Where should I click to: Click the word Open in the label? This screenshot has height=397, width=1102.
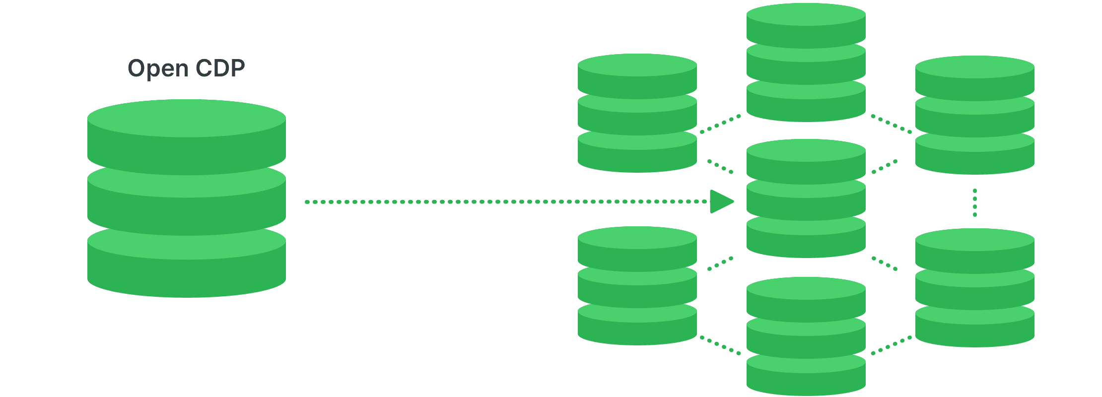pos(158,68)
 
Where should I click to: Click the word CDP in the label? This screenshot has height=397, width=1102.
pos(220,68)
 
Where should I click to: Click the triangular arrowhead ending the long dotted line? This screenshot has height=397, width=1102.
pos(720,201)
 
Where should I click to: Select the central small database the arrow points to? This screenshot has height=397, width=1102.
pos(806,198)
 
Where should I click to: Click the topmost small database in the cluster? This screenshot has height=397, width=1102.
pos(806,62)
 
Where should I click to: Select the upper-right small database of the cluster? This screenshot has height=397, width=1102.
pos(974,115)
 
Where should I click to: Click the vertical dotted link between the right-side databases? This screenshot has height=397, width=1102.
pos(975,202)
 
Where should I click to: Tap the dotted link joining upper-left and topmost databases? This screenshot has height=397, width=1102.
pos(720,124)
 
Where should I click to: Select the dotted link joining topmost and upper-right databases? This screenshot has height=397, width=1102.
pos(891,125)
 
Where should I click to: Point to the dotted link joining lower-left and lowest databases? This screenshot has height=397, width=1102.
pos(720,345)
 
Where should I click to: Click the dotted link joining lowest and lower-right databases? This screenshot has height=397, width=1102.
pos(891,345)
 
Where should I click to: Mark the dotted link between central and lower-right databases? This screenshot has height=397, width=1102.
pos(885,264)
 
